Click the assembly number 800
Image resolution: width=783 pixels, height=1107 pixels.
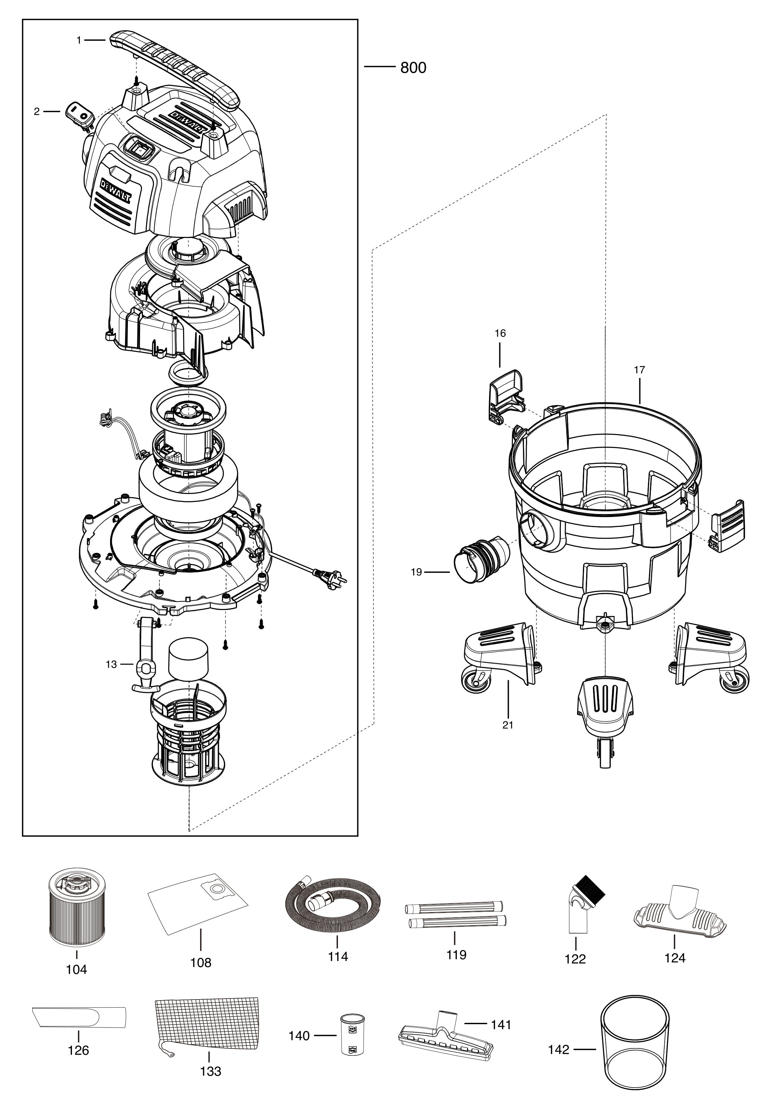click(x=413, y=68)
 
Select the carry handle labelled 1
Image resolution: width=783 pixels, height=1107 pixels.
click(x=174, y=67)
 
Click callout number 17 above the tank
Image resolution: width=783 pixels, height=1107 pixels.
click(x=639, y=370)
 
